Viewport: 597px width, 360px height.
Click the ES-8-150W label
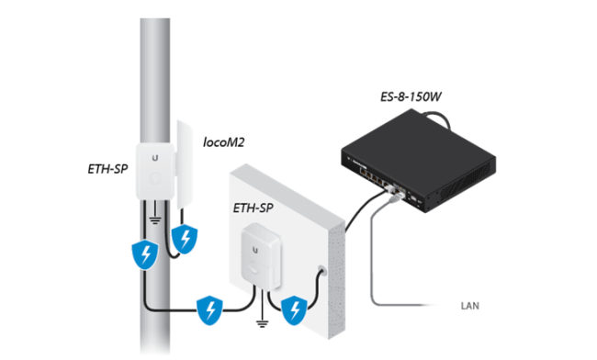(x=411, y=96)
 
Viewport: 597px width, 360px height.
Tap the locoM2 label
(x=223, y=142)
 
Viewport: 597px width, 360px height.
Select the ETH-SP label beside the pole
(x=107, y=169)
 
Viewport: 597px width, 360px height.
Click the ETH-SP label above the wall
(x=253, y=208)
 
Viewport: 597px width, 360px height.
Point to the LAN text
(x=470, y=306)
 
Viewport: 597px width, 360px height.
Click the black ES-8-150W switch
(x=418, y=160)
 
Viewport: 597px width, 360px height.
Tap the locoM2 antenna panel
(x=185, y=163)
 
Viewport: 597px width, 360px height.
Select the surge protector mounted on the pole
(x=155, y=171)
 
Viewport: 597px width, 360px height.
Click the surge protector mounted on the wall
(x=262, y=256)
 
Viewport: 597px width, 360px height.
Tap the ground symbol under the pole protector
(x=155, y=219)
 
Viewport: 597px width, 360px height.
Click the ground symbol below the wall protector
(x=262, y=323)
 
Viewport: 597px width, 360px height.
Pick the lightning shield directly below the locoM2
(x=185, y=239)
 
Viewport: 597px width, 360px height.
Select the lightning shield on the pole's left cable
(x=145, y=254)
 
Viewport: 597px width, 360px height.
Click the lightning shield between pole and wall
(x=209, y=310)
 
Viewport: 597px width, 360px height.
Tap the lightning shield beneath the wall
(x=294, y=310)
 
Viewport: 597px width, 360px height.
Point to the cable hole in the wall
(x=322, y=271)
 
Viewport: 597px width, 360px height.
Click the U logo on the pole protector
(x=155, y=158)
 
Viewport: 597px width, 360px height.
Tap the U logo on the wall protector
(x=255, y=250)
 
